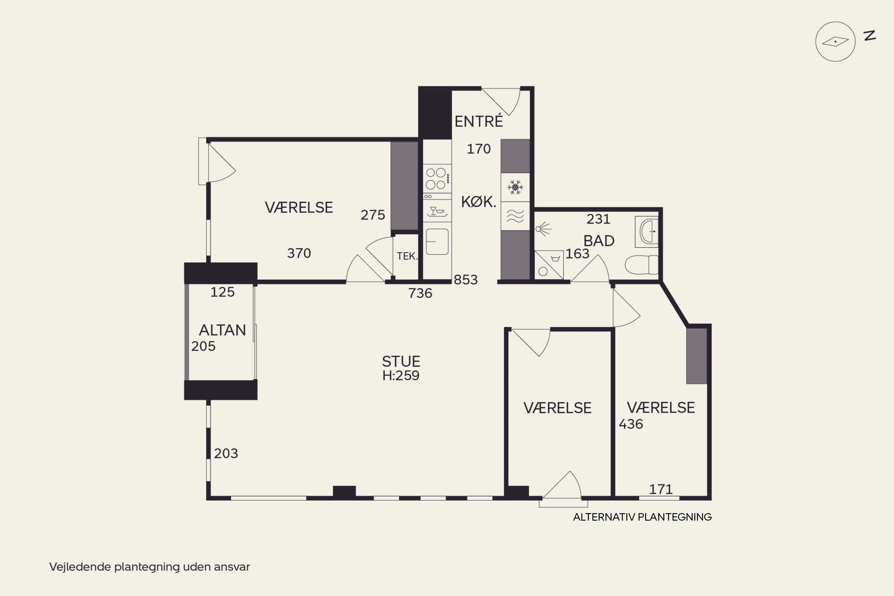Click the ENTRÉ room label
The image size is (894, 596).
479,121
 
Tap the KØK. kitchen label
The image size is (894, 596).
479,201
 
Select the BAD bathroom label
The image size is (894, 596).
599,240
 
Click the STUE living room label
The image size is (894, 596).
401,361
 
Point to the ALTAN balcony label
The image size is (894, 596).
222,330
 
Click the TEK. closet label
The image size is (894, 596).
407,256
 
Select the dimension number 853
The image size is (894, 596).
465,280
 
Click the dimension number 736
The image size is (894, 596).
420,293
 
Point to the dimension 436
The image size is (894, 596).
631,424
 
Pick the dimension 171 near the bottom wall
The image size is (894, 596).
661,489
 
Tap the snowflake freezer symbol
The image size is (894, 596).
515,187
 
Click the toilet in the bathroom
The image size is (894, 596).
642,265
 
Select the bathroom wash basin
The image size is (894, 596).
647,232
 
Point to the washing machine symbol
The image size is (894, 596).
549,265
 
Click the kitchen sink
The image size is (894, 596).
437,241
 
